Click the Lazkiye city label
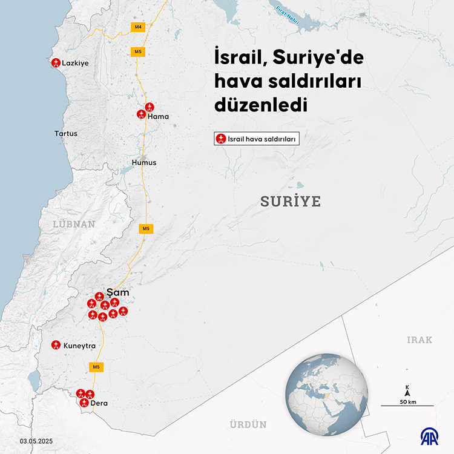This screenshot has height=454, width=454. click(76, 62)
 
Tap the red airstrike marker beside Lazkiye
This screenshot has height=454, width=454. click(56, 62)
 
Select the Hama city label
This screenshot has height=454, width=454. click(158, 116)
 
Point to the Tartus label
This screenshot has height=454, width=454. click(66, 133)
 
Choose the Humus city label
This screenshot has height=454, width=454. click(144, 162)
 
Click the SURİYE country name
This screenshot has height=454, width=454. click(290, 202)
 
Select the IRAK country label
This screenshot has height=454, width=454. click(419, 340)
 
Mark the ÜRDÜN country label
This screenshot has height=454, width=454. click(248, 425)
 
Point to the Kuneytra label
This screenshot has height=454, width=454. click(80, 346)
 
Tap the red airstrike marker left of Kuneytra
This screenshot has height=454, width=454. click(56, 344)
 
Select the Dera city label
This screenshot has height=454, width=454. click(99, 403)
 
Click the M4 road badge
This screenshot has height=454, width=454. click(138, 27)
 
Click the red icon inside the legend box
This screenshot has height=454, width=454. click(221, 139)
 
